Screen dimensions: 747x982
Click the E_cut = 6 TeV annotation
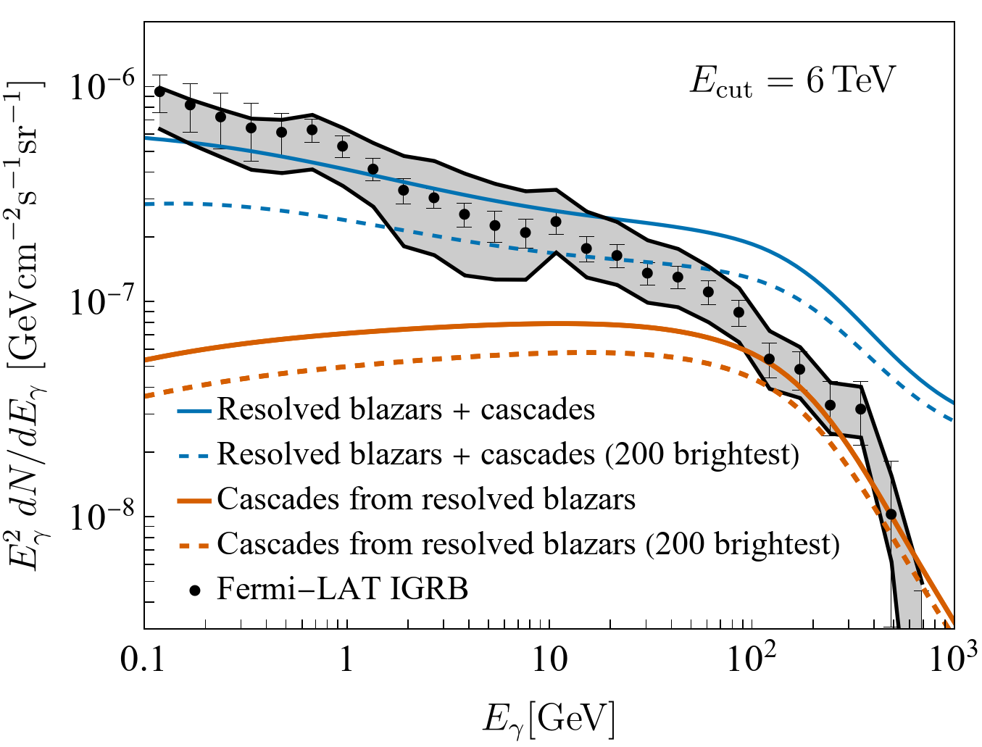coord(793,80)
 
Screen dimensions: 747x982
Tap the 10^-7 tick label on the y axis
coord(98,303)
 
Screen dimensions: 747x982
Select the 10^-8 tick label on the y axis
coord(98,517)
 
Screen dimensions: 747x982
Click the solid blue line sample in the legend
coord(194,411)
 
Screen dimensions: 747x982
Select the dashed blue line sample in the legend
coord(194,456)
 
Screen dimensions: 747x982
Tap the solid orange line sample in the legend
coord(194,501)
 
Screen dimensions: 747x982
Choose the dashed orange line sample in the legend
coord(194,545)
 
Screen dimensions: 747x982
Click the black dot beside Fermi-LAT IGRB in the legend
coord(194,590)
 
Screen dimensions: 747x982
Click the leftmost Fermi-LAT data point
coord(159,91)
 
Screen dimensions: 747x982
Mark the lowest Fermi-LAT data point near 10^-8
coord(891,514)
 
